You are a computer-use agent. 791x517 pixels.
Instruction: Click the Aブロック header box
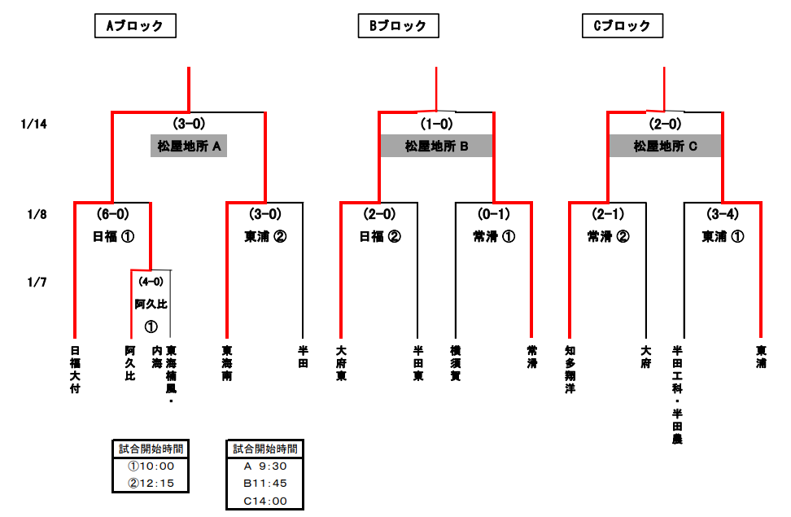coord(135,26)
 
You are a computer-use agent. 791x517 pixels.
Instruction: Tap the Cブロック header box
coord(622,26)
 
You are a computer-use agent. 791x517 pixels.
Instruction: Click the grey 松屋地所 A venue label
coord(190,147)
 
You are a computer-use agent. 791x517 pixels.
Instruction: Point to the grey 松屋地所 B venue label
coord(437,147)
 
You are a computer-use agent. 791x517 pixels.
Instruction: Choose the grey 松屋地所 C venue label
coord(666,147)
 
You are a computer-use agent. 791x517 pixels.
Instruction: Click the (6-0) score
coord(112,214)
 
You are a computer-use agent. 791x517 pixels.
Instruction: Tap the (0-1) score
coord(493,214)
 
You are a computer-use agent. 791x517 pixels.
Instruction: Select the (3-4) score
coord(722,214)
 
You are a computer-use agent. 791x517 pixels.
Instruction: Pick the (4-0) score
coord(151,282)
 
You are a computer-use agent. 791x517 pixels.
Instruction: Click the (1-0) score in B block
coord(437,124)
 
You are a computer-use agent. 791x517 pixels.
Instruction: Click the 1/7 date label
coord(37,283)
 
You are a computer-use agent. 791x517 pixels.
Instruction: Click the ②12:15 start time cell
coord(151,484)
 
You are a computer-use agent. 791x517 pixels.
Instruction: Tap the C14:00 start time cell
coord(265,501)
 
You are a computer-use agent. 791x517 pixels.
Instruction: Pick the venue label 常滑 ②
coord(608,237)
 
